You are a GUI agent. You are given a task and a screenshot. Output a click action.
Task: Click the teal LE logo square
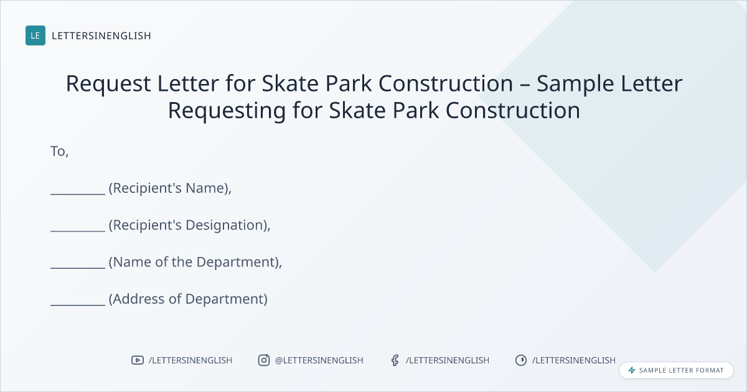point(35,35)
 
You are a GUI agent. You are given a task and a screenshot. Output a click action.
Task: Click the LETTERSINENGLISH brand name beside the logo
point(101,35)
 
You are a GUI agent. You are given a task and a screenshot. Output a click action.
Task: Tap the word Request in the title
point(108,84)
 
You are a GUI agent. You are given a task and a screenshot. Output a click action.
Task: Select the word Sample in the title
point(575,84)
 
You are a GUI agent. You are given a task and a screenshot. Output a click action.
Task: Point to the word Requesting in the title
point(227,111)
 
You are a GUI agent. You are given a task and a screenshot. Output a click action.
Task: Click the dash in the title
point(525,85)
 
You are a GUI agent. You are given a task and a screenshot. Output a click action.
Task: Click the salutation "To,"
point(59,152)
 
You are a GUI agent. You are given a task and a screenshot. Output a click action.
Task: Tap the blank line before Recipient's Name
point(78,194)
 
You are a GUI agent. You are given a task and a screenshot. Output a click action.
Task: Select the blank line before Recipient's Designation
point(78,231)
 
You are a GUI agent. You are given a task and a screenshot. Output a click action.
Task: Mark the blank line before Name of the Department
point(78,268)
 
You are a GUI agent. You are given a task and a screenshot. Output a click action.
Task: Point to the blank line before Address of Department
point(78,305)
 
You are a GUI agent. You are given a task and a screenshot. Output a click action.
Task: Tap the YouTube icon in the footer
point(138,360)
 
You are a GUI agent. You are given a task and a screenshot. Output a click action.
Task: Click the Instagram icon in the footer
point(264,360)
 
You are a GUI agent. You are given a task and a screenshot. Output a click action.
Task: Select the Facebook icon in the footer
point(395,360)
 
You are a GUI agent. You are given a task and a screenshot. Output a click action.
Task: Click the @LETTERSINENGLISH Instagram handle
point(319,360)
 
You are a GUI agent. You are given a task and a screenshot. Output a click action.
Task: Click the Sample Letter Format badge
point(676,370)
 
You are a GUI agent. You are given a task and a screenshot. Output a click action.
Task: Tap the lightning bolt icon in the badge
point(632,370)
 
